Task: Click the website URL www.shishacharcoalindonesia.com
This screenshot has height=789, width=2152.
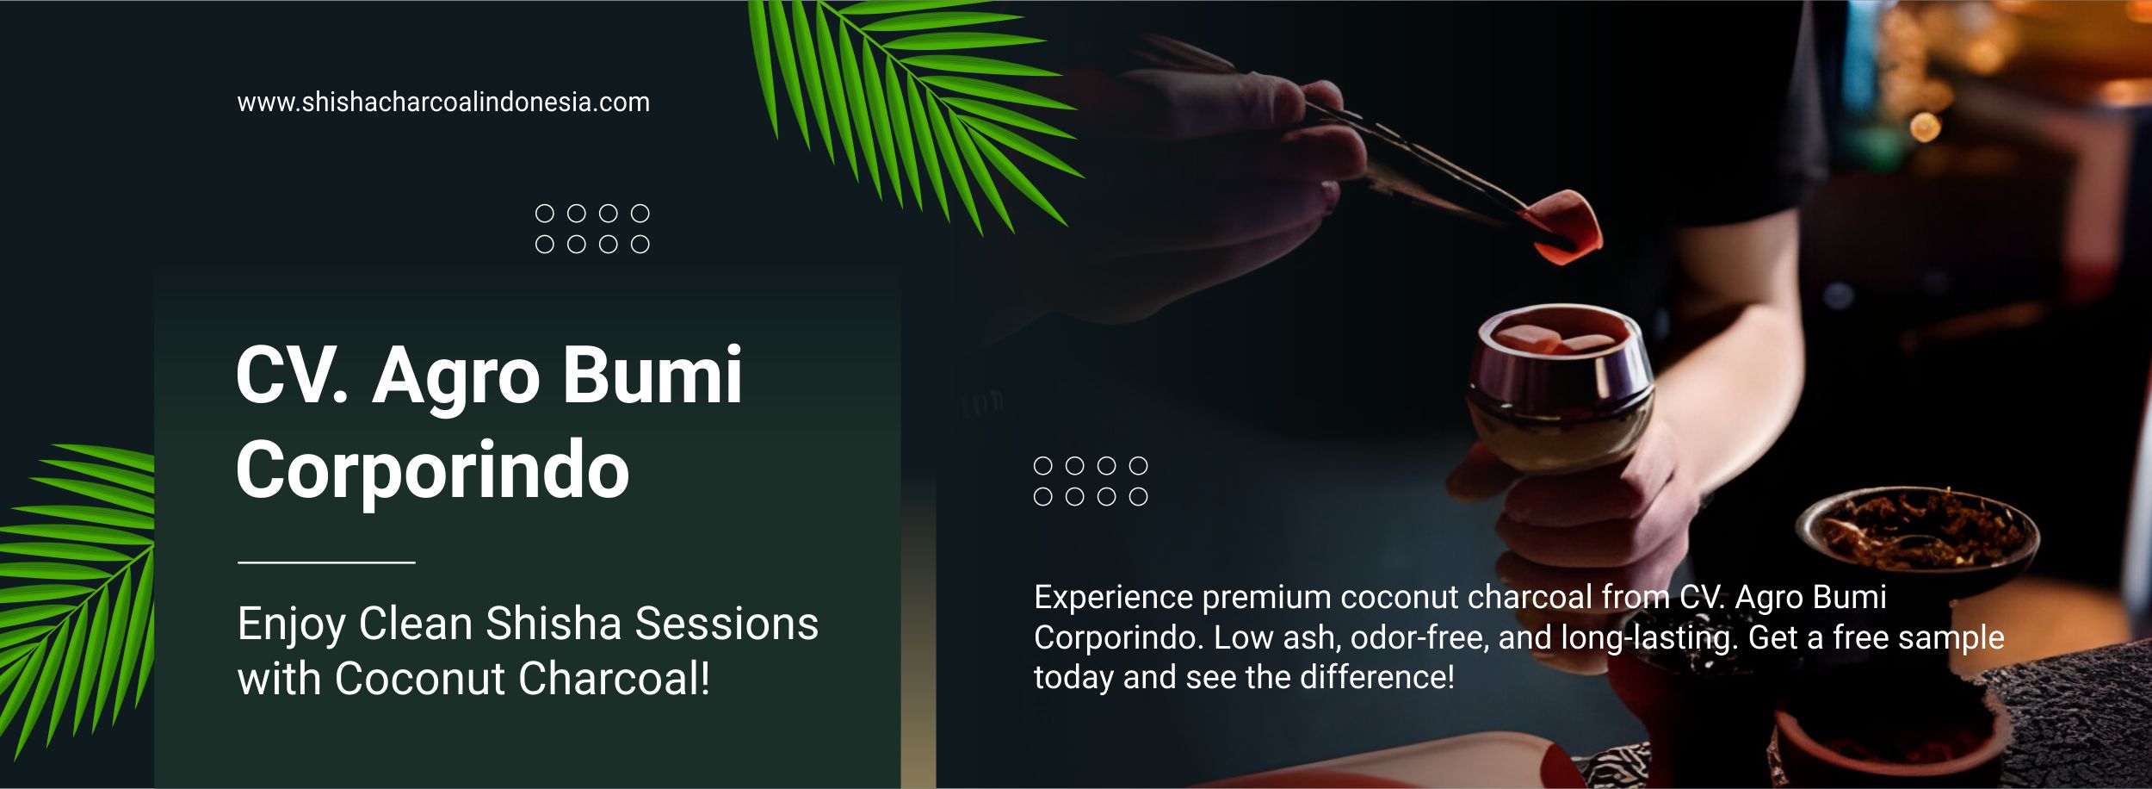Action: (443, 103)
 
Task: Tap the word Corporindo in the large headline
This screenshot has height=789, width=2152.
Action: (432, 470)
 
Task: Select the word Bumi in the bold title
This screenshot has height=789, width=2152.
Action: (652, 376)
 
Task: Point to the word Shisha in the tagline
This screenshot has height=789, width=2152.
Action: (553, 624)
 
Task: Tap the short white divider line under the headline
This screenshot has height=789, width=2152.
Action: (326, 562)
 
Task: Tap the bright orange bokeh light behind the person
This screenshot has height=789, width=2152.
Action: (1925, 127)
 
